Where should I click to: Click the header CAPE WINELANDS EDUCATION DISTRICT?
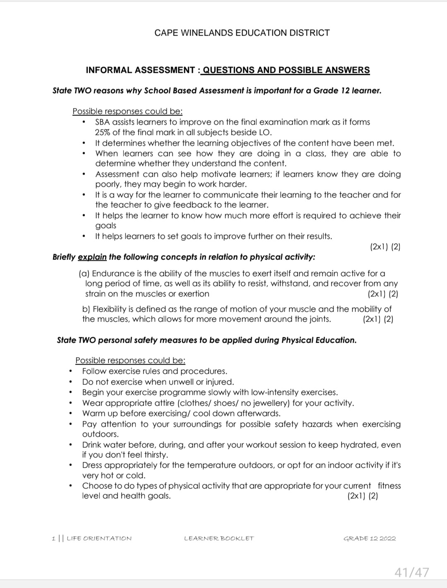click(242, 33)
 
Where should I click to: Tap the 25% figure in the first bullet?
click(102, 132)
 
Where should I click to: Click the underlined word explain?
click(92, 257)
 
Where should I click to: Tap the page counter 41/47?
click(411, 572)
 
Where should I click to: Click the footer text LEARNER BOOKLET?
click(219, 538)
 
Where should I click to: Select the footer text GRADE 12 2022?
click(370, 538)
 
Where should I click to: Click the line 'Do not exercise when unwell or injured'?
click(158, 382)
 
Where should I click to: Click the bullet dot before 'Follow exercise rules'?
click(71, 372)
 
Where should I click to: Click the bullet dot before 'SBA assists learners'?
click(84, 122)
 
